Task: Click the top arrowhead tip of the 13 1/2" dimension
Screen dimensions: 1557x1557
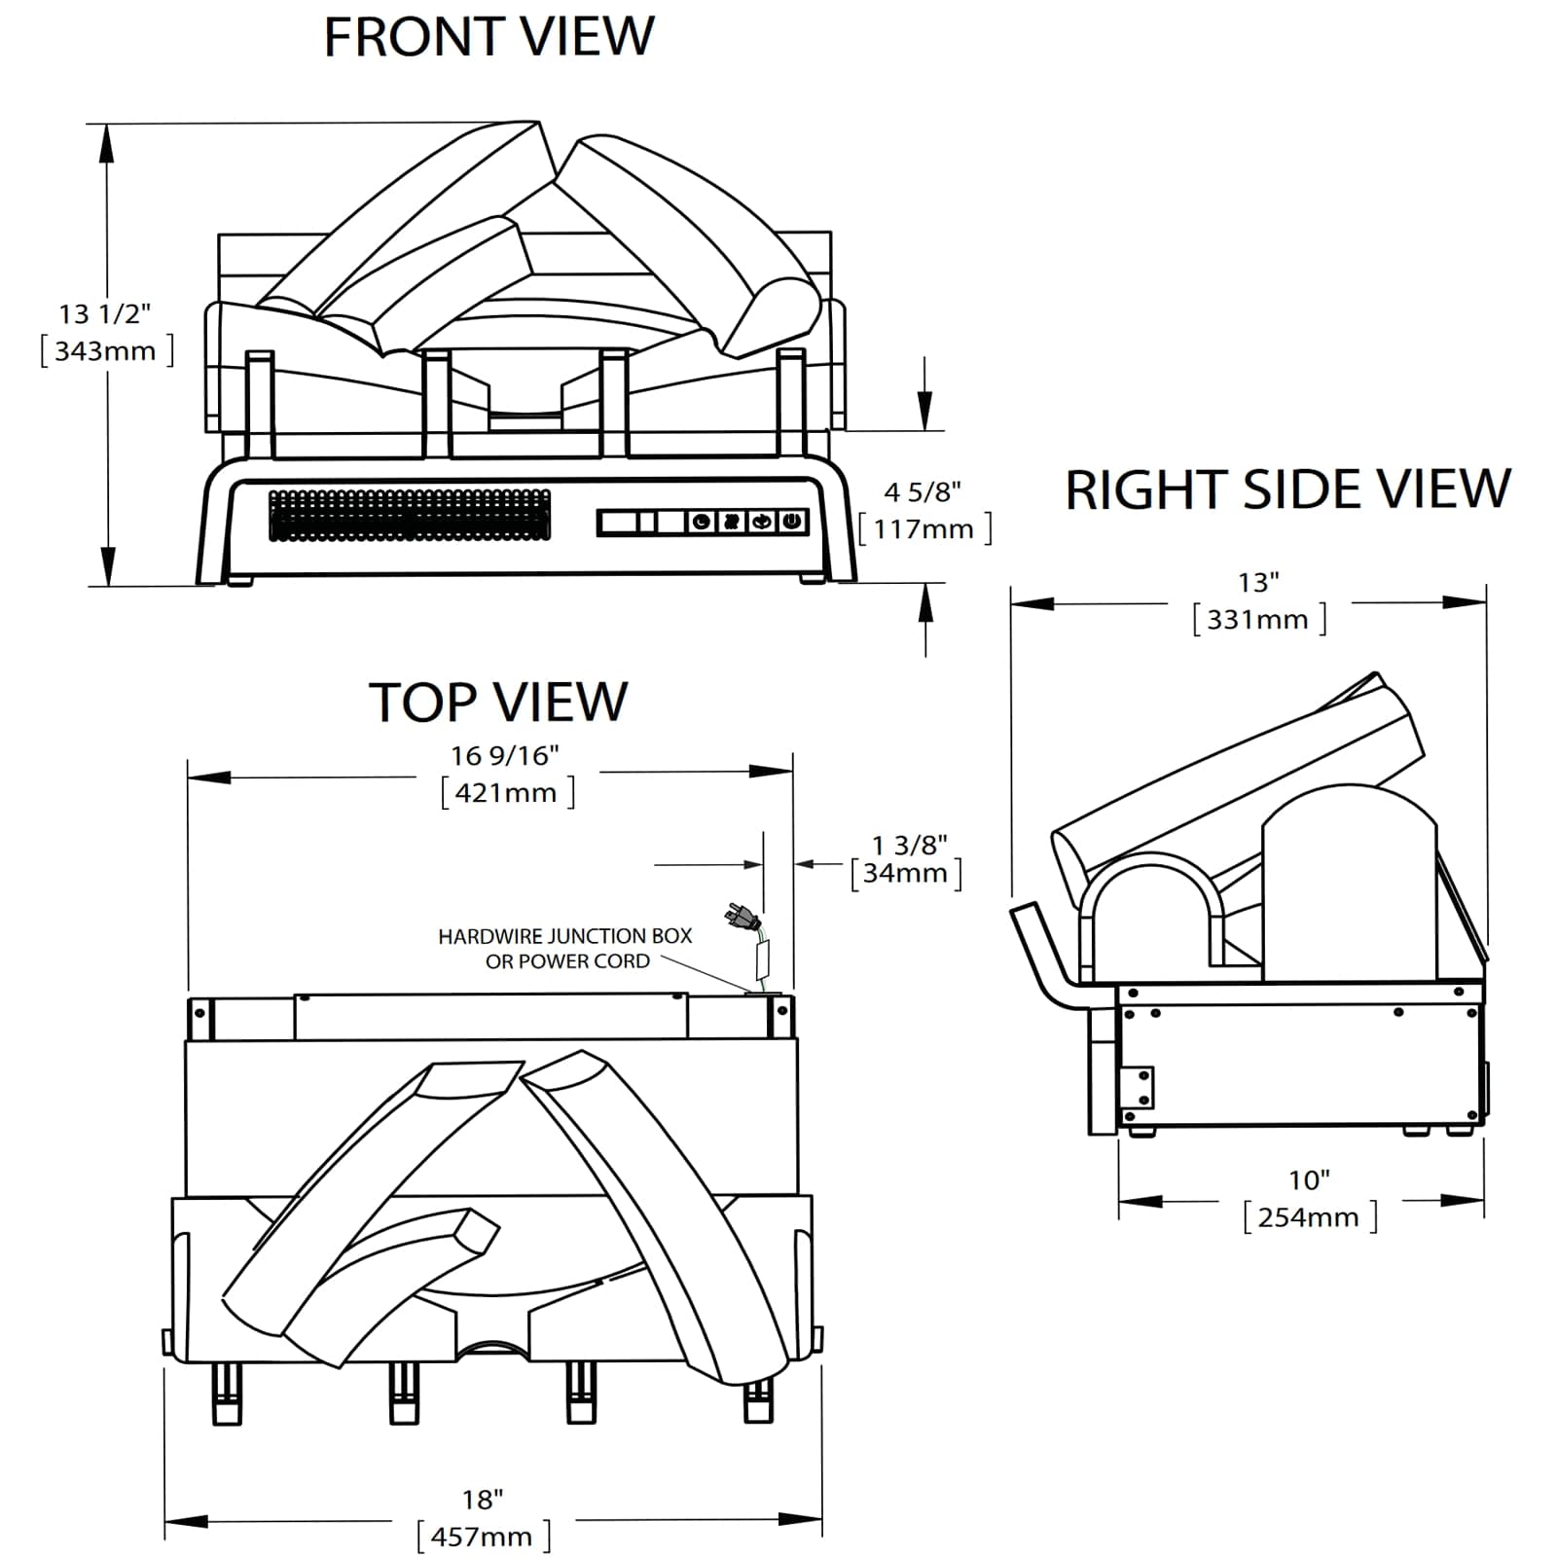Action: click(107, 125)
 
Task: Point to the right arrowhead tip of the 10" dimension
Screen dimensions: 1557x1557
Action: click(1484, 1201)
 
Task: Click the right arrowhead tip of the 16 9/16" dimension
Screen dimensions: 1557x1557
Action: click(793, 773)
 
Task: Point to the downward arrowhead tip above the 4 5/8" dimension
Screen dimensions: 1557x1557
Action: click(924, 429)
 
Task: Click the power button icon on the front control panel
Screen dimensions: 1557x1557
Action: click(793, 522)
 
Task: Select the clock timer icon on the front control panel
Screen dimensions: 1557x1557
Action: click(702, 522)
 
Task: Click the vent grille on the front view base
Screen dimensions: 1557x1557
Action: click(410, 515)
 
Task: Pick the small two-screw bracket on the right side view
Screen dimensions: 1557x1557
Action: click(1137, 1088)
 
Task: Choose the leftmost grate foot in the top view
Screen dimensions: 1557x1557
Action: click(226, 1393)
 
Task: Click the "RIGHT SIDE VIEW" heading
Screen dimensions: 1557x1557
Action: click(1287, 489)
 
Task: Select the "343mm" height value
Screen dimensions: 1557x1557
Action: click(105, 350)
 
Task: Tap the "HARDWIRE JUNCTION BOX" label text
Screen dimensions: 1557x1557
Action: click(564, 936)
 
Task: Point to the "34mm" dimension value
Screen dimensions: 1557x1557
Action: click(905, 873)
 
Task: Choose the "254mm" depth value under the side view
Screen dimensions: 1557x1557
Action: click(1309, 1217)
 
